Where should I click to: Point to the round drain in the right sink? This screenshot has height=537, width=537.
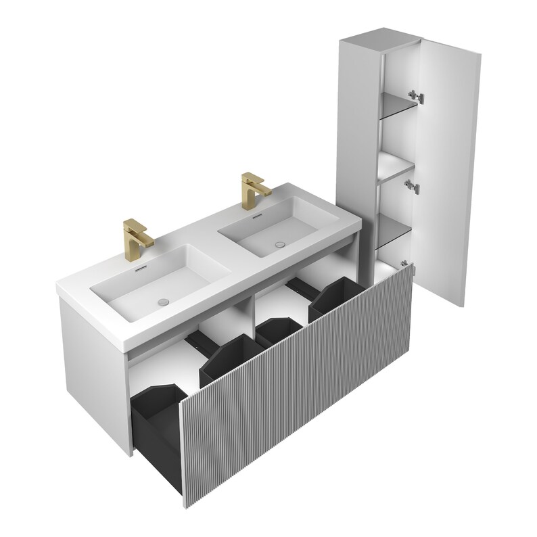pyautogui.click(x=278, y=243)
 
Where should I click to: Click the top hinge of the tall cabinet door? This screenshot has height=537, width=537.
pyautogui.click(x=418, y=96)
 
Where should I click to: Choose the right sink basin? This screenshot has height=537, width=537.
pyautogui.click(x=274, y=227)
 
